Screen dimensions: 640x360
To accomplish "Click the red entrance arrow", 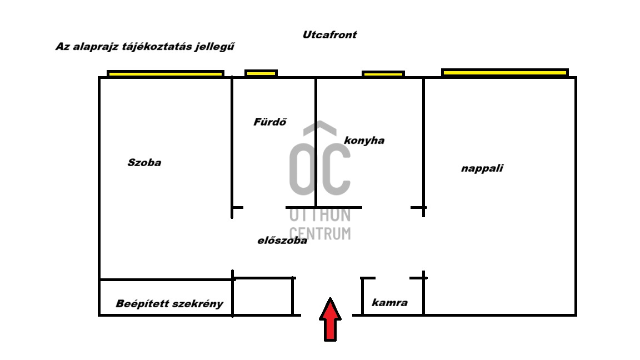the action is tap(330, 319).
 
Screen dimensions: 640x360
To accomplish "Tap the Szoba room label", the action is tap(144, 162).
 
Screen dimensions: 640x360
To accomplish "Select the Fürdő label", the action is tap(270, 122).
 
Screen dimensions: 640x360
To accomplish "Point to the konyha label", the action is tap(364, 141).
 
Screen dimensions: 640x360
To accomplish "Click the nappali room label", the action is tap(482, 168).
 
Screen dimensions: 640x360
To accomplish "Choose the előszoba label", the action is tap(282, 241).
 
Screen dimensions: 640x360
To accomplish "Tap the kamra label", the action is tap(389, 302).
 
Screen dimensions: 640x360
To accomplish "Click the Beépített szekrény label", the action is tap(169, 304).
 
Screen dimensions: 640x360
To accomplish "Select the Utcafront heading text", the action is tap(329, 34).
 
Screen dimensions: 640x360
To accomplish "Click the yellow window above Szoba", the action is tap(166, 73).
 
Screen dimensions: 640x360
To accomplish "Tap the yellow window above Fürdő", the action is tap(261, 73).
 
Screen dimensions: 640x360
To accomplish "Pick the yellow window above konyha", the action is tap(383, 74).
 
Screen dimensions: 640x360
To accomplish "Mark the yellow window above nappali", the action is tap(504, 73).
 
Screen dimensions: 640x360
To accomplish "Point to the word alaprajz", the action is tap(90, 47).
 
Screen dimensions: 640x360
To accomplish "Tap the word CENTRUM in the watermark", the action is tap(320, 233).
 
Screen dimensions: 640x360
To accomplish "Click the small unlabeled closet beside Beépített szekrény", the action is tap(262, 297).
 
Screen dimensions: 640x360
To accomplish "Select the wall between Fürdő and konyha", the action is tap(316, 142).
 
